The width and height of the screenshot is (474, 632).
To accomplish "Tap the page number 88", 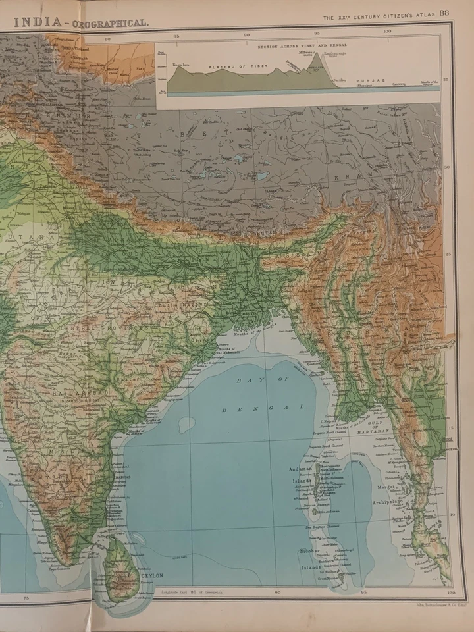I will point(445,13).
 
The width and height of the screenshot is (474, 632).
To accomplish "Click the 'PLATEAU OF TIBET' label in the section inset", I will point(227,67).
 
